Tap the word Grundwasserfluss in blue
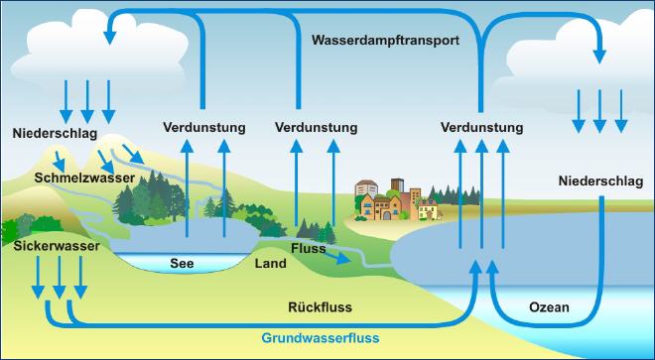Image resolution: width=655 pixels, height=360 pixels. click(321, 338)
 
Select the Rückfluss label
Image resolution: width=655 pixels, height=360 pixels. click(320, 307)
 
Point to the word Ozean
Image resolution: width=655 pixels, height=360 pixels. click(549, 307)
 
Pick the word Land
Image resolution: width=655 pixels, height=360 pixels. click(270, 264)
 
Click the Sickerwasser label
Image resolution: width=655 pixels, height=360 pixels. click(57, 243)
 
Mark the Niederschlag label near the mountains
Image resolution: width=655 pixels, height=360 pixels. click(55, 132)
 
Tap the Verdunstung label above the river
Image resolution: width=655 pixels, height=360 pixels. click(316, 128)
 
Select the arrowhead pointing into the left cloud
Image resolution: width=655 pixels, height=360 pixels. click(109, 37)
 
